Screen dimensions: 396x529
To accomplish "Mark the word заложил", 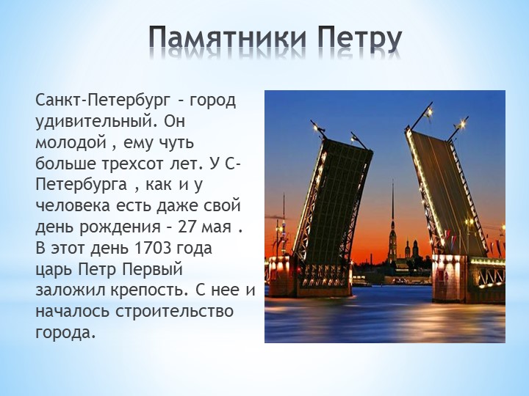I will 71,290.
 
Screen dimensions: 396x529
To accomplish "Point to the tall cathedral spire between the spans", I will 392,213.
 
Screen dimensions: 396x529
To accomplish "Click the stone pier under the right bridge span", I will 467,279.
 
